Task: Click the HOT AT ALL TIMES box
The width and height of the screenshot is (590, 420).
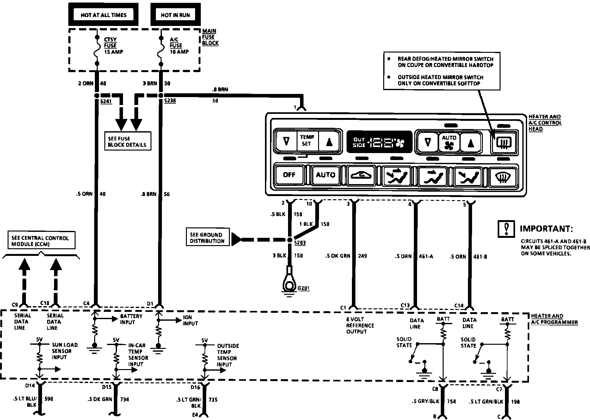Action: tap(103, 15)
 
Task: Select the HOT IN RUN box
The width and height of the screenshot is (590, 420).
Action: tap(175, 15)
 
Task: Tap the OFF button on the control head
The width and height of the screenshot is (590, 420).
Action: tap(289, 175)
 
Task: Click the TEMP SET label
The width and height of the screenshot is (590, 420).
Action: tap(307, 140)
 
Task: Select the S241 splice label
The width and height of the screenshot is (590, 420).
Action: tap(106, 101)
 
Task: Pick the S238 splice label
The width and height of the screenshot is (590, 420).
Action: tap(170, 101)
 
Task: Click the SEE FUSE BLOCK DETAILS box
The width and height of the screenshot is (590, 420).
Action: tap(127, 141)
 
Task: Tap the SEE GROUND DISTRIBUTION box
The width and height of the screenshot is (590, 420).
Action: tap(207, 238)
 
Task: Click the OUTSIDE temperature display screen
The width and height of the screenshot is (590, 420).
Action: tap(378, 142)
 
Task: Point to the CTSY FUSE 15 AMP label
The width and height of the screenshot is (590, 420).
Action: tap(113, 46)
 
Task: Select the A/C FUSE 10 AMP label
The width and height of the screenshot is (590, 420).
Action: tap(179, 46)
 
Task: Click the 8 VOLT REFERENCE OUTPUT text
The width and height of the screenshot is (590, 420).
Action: tap(360, 325)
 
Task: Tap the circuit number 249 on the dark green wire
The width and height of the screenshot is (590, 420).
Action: tap(362, 256)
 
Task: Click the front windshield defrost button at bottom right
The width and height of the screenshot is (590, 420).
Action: tap(503, 176)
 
